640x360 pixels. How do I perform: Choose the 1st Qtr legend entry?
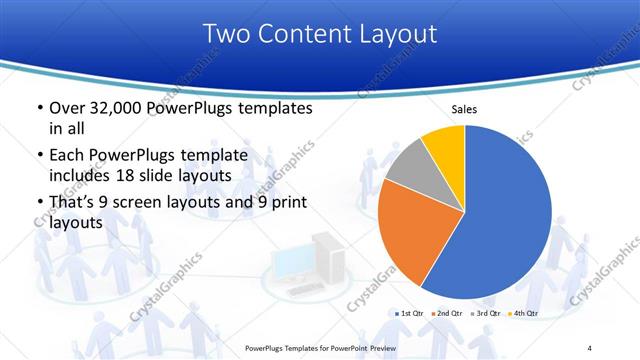(413, 314)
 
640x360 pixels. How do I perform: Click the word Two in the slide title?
(224, 34)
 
